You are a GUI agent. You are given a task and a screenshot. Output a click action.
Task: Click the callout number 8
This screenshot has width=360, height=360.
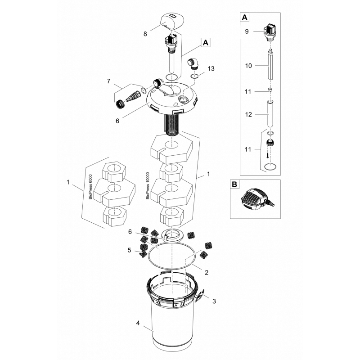click(145, 34)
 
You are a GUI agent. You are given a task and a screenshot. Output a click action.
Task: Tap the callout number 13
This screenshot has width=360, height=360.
click(211, 68)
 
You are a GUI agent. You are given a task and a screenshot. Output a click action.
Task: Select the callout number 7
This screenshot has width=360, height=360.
click(108, 81)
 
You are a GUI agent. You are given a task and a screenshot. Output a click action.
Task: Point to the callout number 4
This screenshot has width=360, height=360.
click(138, 323)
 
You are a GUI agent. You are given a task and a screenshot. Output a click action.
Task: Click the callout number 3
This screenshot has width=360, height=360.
click(214, 301)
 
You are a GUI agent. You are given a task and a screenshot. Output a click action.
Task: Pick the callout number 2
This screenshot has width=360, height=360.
click(207, 273)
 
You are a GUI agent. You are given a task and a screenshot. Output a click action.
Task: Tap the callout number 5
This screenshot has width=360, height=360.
click(130, 250)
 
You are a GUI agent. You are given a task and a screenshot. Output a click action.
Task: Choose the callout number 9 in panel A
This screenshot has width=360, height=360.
click(247, 31)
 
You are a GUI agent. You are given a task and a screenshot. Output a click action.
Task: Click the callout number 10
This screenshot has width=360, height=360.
click(248, 66)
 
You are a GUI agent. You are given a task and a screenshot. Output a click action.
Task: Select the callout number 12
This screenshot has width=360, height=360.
click(248, 114)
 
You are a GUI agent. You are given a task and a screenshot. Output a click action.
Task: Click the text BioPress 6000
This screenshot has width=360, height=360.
click(90, 187)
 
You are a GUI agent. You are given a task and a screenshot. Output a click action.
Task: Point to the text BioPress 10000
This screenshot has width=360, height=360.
click(148, 186)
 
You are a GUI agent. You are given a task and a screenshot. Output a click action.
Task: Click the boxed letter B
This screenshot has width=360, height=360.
click(234, 184)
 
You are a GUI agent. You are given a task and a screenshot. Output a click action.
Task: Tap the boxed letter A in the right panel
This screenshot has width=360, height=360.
click(245, 18)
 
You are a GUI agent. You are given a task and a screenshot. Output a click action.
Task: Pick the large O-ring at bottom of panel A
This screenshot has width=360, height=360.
click(270, 166)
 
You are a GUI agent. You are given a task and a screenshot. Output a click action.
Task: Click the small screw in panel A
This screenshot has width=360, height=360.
click(268, 155)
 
